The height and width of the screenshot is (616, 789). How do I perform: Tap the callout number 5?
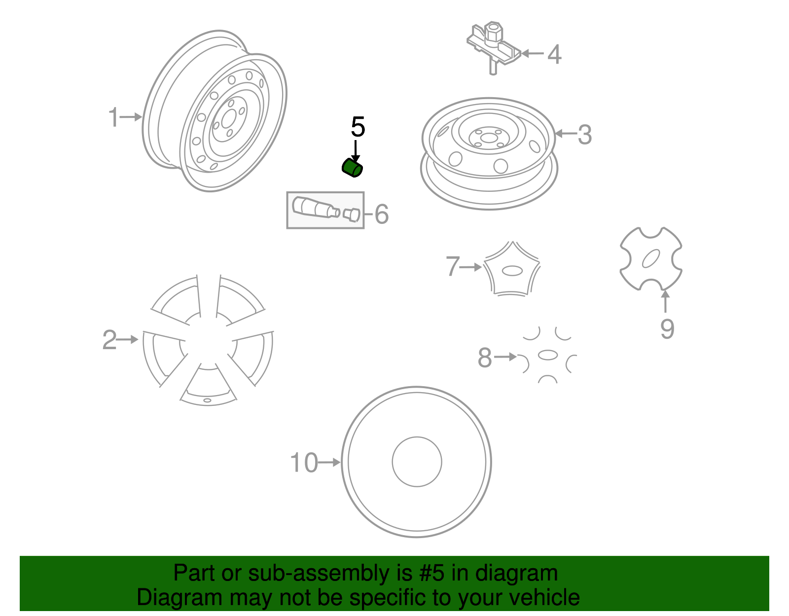click(358, 127)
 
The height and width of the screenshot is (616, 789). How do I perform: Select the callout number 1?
click(113, 117)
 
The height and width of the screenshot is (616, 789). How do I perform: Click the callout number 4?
click(554, 54)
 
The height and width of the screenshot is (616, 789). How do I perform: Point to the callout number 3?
click(584, 134)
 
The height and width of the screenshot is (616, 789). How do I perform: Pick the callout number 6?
click(382, 214)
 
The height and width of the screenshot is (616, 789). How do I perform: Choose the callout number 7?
click(453, 266)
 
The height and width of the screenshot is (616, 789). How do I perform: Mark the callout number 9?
click(667, 329)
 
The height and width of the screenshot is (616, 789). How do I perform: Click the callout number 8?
click(485, 358)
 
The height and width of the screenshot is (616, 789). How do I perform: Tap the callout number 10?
click(304, 463)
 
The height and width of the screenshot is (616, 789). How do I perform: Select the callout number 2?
click(109, 340)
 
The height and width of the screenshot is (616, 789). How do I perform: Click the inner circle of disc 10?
click(417, 462)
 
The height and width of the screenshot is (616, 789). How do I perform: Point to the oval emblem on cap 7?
click(512, 271)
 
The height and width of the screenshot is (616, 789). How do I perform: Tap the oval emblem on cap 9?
click(651, 258)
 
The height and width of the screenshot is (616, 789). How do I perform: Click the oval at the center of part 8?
click(547, 355)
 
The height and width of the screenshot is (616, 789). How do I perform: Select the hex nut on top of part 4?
click(493, 32)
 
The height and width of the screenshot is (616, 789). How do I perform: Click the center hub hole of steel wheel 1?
click(228, 119)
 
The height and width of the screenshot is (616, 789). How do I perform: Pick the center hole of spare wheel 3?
click(488, 138)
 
